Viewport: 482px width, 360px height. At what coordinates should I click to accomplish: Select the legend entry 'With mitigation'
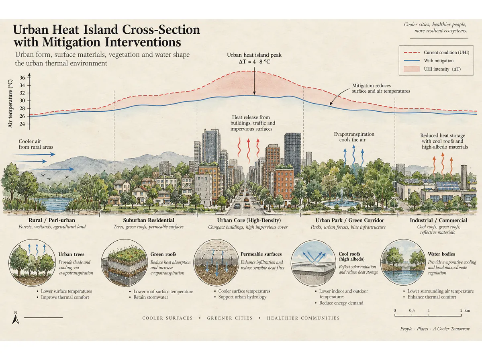(x=439, y=61)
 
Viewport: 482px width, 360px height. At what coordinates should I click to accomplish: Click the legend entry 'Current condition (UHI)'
(x=446, y=53)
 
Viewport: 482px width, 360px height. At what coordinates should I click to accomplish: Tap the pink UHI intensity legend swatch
(x=412, y=69)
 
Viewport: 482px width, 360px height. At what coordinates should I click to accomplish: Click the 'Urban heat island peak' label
(x=254, y=55)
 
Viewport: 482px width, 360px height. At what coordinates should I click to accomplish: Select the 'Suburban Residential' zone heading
(x=149, y=220)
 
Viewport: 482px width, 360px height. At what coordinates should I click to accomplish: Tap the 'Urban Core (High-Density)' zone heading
(x=249, y=220)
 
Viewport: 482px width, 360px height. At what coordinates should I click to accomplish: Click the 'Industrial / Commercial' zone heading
(x=438, y=220)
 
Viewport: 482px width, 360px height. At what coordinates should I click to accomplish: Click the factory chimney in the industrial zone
(x=464, y=177)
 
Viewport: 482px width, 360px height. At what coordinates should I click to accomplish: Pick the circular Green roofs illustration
(x=124, y=263)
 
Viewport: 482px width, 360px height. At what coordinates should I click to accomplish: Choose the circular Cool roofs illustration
(x=314, y=263)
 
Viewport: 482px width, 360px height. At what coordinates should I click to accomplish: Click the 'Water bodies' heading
(x=441, y=254)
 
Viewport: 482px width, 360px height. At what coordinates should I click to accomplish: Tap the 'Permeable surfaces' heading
(x=261, y=254)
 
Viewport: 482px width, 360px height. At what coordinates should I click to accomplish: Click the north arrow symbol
(x=15, y=319)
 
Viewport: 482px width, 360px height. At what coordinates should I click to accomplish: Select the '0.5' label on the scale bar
(x=412, y=310)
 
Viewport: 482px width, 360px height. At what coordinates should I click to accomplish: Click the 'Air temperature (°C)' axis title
(x=10, y=103)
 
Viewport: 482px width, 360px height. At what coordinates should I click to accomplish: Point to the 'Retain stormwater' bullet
(x=151, y=297)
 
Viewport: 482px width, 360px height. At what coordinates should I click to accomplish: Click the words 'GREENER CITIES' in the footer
(x=230, y=318)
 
